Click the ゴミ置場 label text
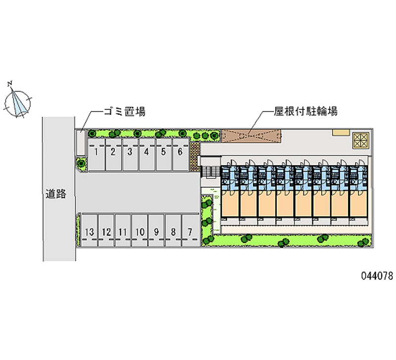click(x=124, y=111)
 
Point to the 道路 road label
click(x=56, y=194)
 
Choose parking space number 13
click(x=90, y=231)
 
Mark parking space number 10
click(x=140, y=231)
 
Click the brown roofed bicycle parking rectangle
click(x=251, y=135)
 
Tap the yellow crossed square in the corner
click(x=360, y=140)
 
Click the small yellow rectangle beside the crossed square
click(x=341, y=132)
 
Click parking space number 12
click(x=106, y=231)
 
